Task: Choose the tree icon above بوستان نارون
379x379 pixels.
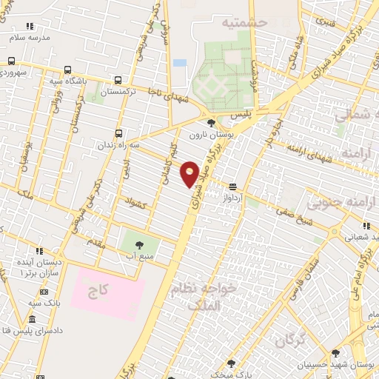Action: click(x=212, y=123)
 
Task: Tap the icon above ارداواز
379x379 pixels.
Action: click(x=234, y=187)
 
